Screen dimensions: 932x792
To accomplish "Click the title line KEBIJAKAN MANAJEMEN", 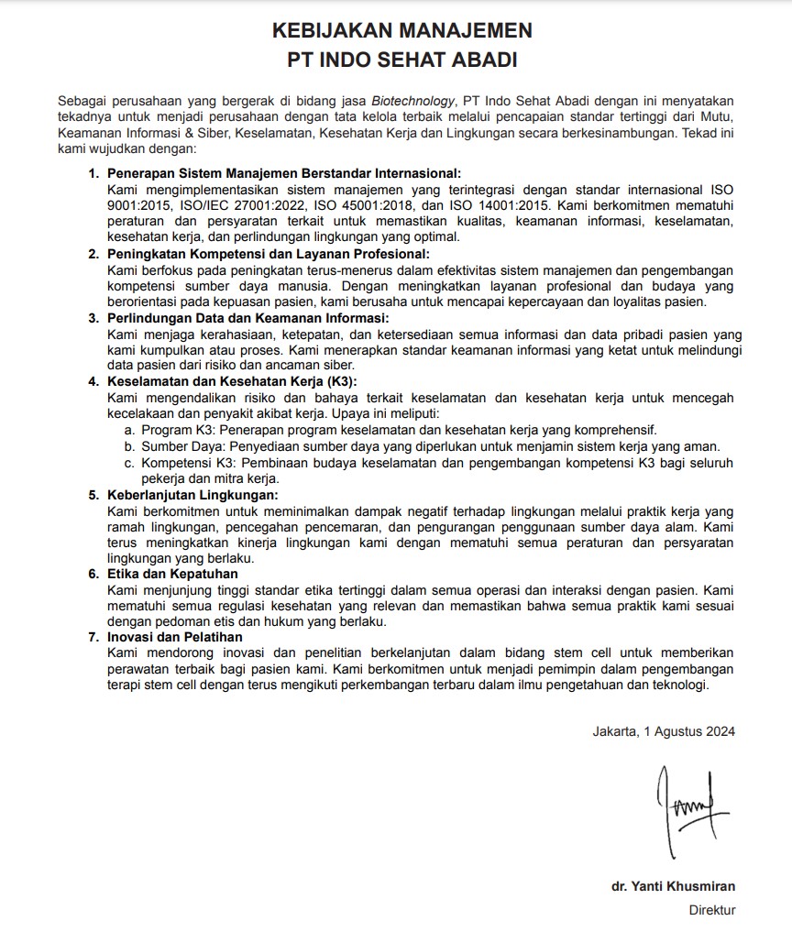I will click(x=401, y=31).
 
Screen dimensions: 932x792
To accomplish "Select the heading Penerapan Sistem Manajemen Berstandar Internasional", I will click(x=284, y=172).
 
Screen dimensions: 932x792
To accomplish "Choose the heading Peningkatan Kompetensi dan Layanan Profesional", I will click(x=268, y=254).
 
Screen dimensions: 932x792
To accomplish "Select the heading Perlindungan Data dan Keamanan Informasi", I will click(x=248, y=318).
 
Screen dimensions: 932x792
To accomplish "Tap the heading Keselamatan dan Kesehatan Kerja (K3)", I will click(x=232, y=382).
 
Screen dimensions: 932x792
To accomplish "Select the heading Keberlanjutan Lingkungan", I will click(x=192, y=495).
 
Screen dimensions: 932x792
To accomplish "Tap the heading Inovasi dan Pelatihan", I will click(x=175, y=637).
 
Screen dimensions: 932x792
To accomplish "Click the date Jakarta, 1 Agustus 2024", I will click(x=664, y=730).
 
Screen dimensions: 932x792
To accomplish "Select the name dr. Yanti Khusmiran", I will click(x=673, y=886).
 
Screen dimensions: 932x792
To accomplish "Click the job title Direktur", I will click(x=712, y=910).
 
